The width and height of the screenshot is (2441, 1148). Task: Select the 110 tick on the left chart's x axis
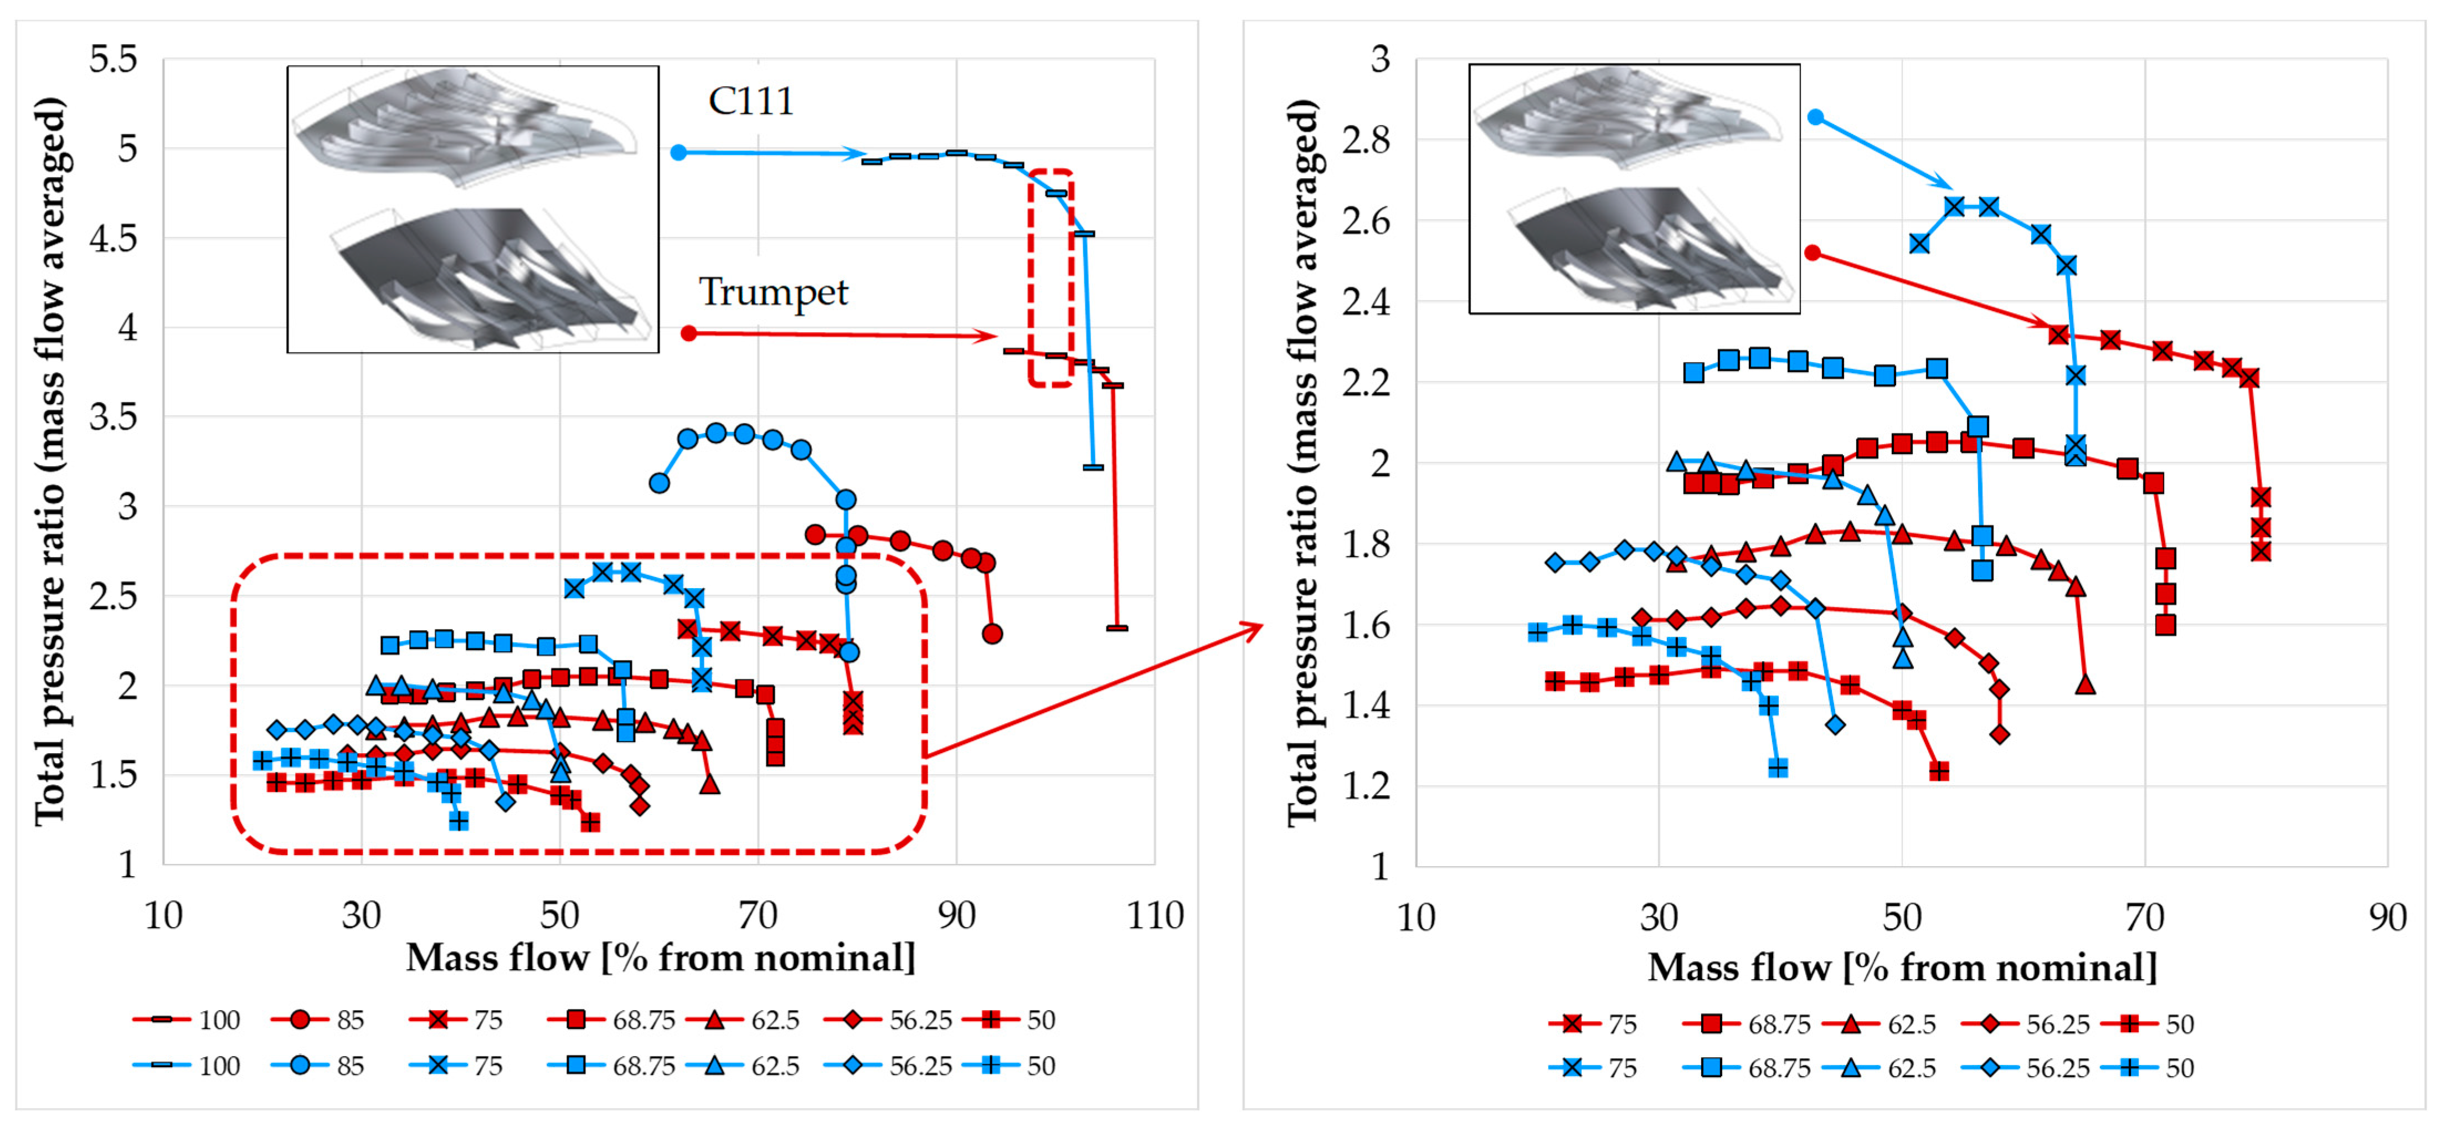[1154, 916]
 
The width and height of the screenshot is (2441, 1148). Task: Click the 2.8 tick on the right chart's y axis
[1366, 140]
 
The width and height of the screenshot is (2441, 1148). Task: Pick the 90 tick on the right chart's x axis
[2386, 918]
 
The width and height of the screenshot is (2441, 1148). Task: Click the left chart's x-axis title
[661, 957]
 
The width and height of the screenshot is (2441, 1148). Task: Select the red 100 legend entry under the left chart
[187, 1020]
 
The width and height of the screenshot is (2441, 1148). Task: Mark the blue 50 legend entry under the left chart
[1009, 1065]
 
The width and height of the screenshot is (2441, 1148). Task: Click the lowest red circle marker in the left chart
[992, 633]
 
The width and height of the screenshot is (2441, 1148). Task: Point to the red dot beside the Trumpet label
[689, 333]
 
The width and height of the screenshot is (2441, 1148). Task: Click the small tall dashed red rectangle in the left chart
[1051, 278]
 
